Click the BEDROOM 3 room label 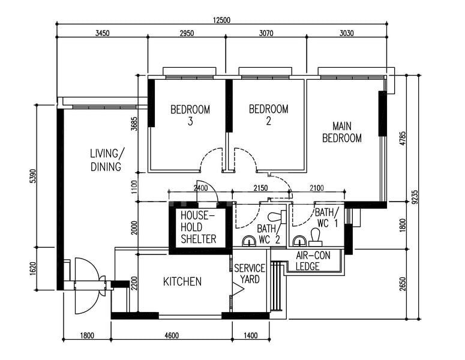tap(190, 115)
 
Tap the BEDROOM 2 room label tap(268, 115)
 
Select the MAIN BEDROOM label tap(342, 132)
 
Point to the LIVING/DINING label tap(106, 160)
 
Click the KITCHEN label tap(182, 281)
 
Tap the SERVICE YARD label tap(247, 274)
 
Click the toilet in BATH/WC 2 tap(277, 215)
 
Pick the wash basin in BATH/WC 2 tap(248, 241)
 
